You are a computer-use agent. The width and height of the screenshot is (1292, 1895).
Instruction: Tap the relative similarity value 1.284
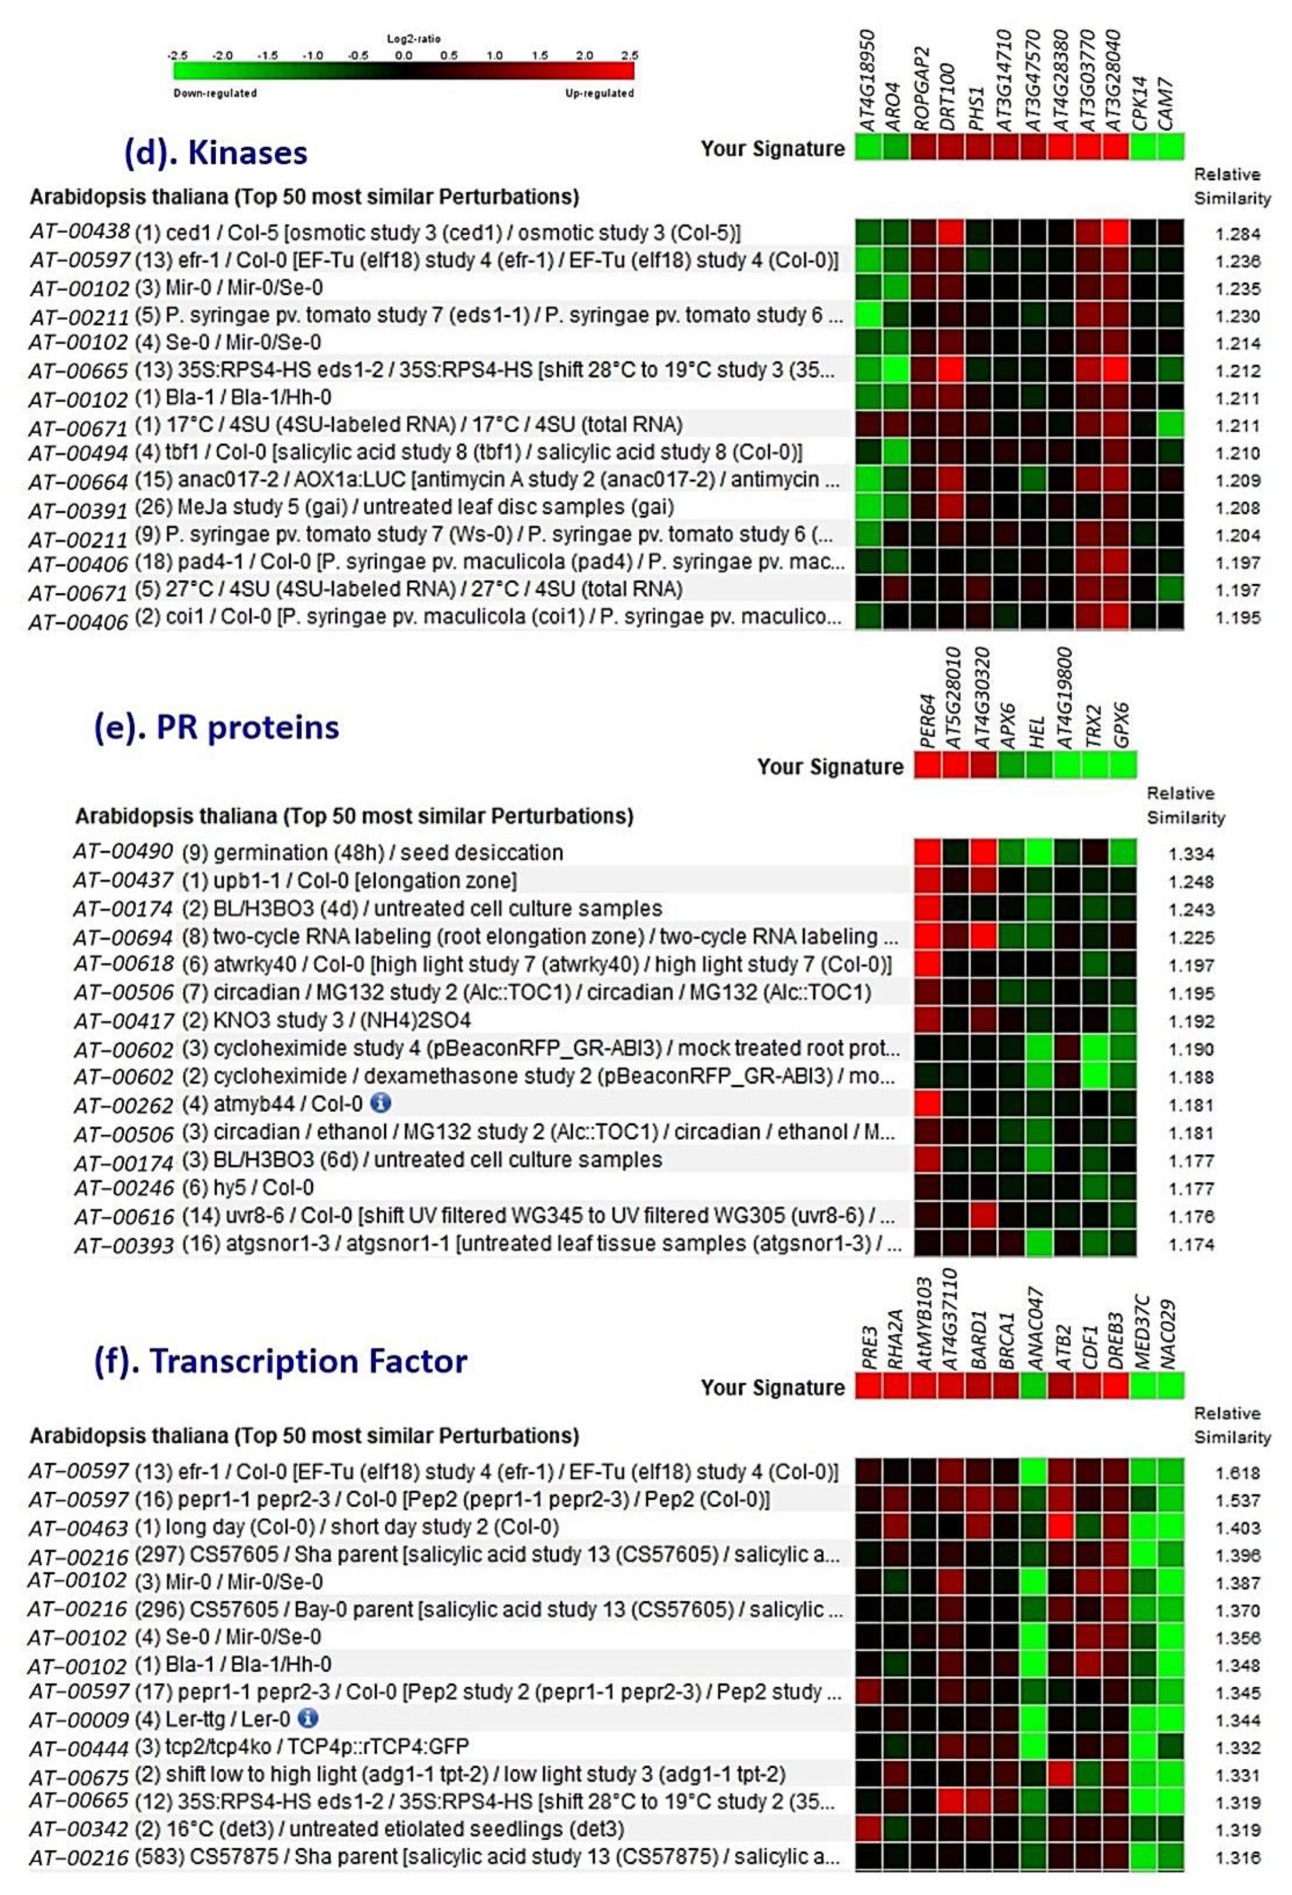(x=1237, y=234)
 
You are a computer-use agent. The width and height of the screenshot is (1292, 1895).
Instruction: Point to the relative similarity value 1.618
(x=1237, y=1473)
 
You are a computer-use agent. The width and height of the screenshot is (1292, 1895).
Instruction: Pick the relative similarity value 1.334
(x=1191, y=854)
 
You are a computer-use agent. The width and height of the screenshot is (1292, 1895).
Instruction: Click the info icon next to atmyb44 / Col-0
(x=381, y=1103)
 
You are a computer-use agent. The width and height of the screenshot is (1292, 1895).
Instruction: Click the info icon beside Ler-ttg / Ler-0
(x=307, y=1718)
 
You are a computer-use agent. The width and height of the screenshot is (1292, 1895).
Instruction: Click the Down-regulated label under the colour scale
(x=215, y=93)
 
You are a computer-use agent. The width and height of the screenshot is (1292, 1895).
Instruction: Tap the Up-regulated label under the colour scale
(x=599, y=93)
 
